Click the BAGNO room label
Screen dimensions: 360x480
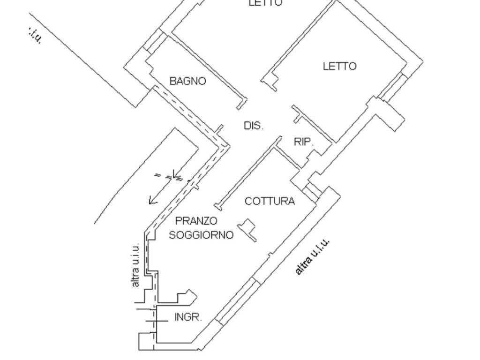(187, 81)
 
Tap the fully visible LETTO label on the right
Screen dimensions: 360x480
(339, 66)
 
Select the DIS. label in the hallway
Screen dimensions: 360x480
(254, 126)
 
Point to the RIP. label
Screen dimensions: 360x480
(303, 142)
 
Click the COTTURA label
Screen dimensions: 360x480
(270, 202)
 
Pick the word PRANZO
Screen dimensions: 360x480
(196, 220)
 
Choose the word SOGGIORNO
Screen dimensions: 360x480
(201, 235)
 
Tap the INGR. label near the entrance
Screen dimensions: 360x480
(188, 317)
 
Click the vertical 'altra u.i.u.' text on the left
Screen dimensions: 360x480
(135, 265)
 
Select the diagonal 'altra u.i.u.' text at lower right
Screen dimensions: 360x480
(313, 256)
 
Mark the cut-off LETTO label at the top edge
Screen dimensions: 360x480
(265, 3)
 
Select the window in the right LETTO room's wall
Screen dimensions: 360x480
(393, 87)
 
